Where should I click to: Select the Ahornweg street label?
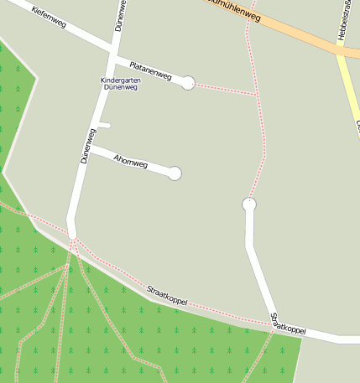click(x=130, y=161)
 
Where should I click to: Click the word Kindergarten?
click(x=118, y=80)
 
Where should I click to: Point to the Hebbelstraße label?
click(x=345, y=20)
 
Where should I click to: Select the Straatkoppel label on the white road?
click(x=287, y=324)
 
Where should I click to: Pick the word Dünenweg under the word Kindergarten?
click(x=119, y=87)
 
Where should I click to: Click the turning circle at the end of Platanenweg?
click(x=189, y=82)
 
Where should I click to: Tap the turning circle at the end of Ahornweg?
click(x=175, y=173)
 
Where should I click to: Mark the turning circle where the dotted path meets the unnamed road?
click(x=248, y=204)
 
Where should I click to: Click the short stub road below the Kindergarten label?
click(x=104, y=126)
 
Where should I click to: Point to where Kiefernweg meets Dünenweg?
click(x=112, y=54)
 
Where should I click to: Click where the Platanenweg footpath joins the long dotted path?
click(x=257, y=95)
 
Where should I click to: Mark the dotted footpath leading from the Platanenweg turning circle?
click(x=223, y=88)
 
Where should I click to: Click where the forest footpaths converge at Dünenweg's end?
click(x=74, y=243)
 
